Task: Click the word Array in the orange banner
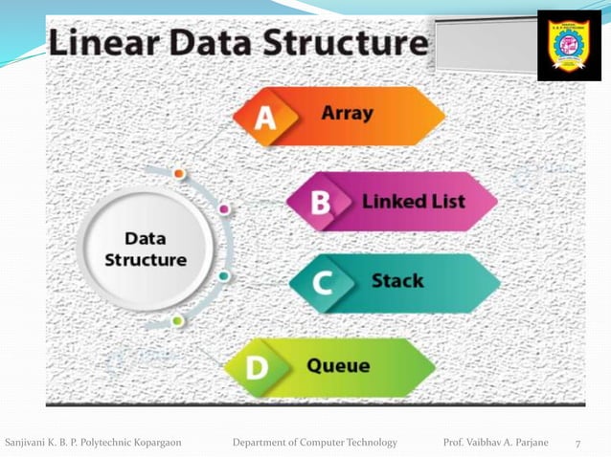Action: tap(348, 113)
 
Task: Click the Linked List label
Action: tap(413, 201)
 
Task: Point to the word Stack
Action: tap(397, 282)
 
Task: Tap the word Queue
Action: tap(338, 364)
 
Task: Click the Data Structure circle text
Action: tap(145, 249)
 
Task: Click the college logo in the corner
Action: tap(569, 45)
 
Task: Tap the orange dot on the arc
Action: tap(179, 174)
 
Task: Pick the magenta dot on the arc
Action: tap(224, 207)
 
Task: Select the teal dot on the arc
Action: tap(223, 275)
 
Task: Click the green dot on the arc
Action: tap(177, 321)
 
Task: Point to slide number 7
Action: tap(577, 443)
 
